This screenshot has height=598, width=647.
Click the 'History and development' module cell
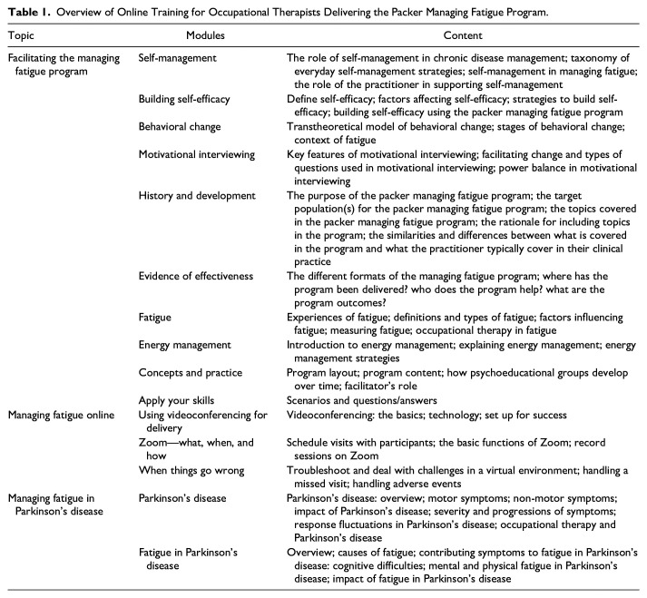[197, 196]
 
